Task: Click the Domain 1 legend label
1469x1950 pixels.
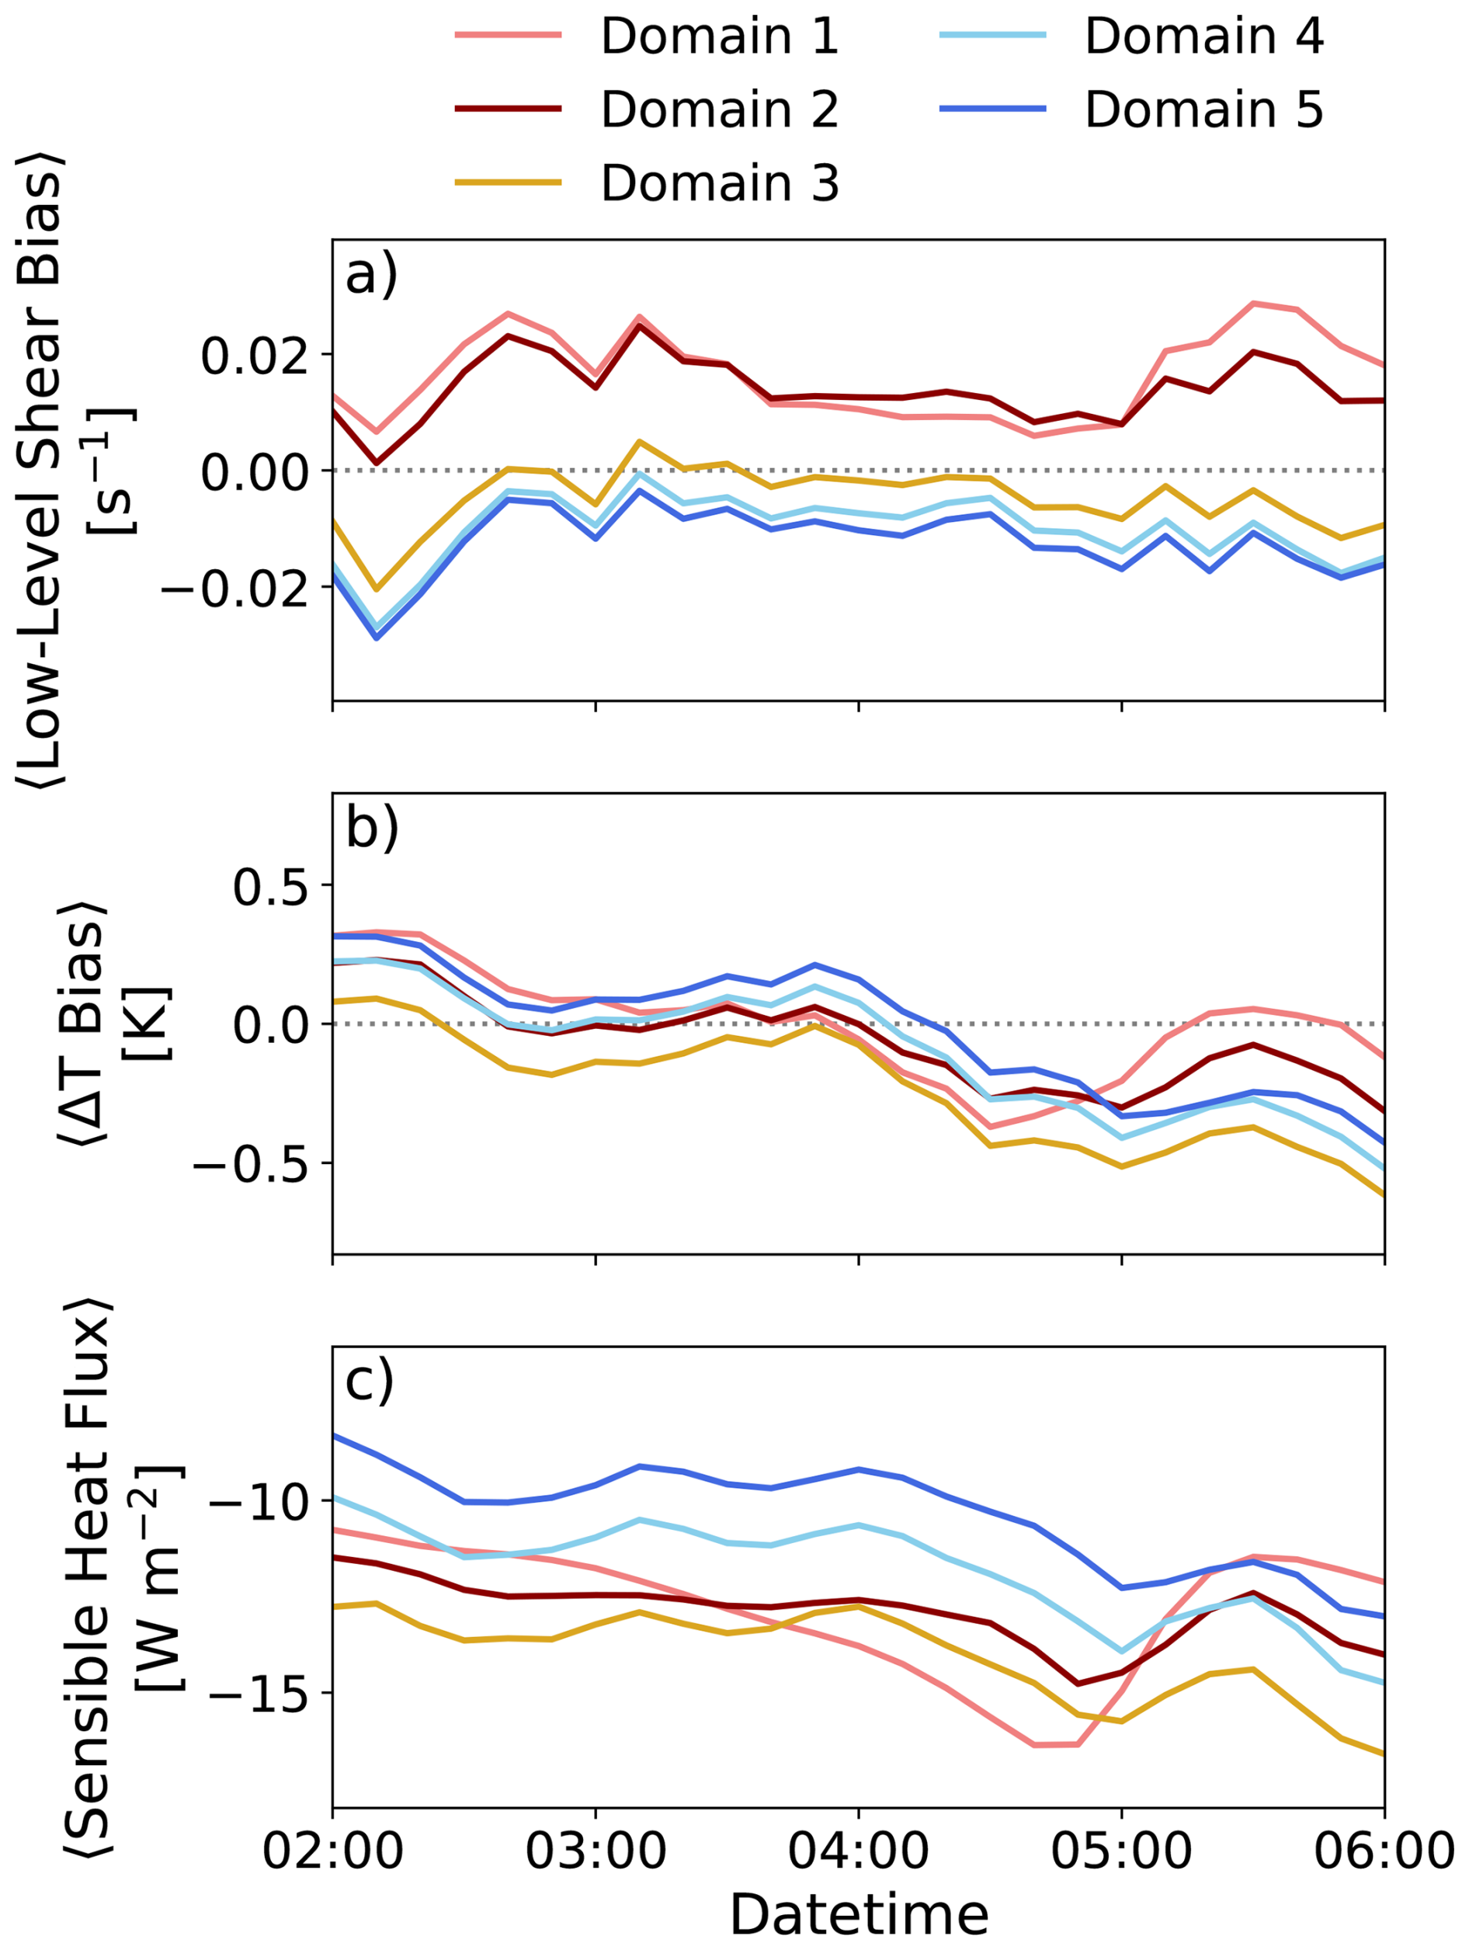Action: (719, 37)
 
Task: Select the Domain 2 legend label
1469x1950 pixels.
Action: (719, 110)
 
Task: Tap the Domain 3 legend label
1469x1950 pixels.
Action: (719, 183)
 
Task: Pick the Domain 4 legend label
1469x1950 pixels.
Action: (1203, 37)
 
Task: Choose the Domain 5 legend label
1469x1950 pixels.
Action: (1203, 110)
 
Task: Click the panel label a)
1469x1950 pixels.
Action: (371, 275)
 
